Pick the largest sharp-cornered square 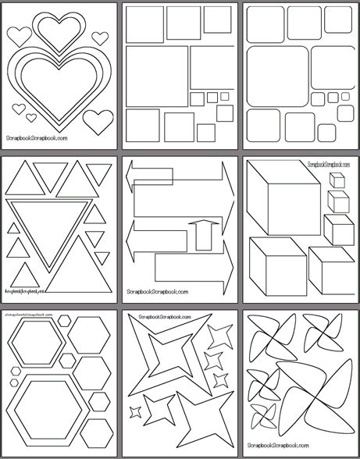click(x=157, y=76)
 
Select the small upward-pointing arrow click(x=201, y=237)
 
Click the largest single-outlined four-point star click(x=201, y=422)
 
